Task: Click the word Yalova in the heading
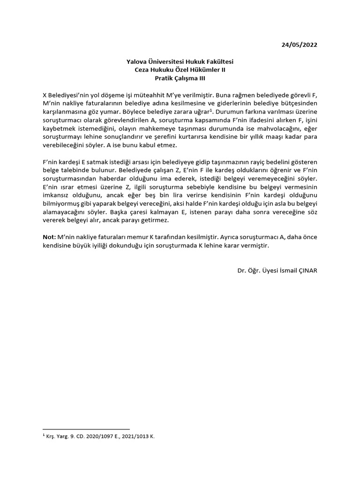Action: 137,62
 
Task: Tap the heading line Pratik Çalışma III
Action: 180,79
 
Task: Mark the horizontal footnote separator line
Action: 86,429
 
